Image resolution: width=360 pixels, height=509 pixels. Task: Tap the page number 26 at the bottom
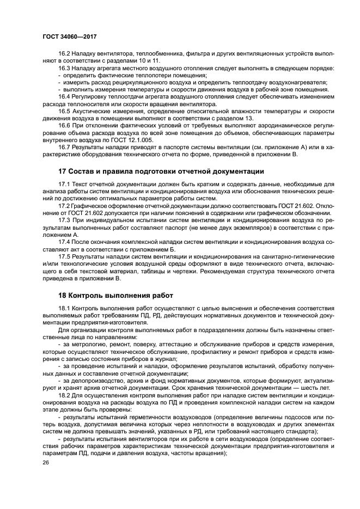[x=45, y=463]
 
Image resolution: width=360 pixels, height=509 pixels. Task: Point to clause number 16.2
[x=65, y=54]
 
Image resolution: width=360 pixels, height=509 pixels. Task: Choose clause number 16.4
[x=65, y=96]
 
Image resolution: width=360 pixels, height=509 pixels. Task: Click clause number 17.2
[x=65, y=207]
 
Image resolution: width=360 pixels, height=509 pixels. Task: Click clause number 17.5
[x=65, y=256]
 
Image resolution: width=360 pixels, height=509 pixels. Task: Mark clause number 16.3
[x=65, y=68]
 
